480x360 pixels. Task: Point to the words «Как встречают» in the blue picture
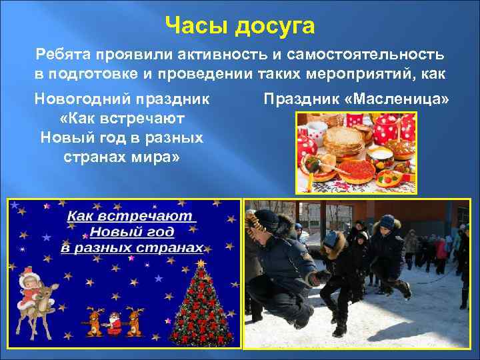point(131,217)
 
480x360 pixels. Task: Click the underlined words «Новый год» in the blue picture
point(131,232)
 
